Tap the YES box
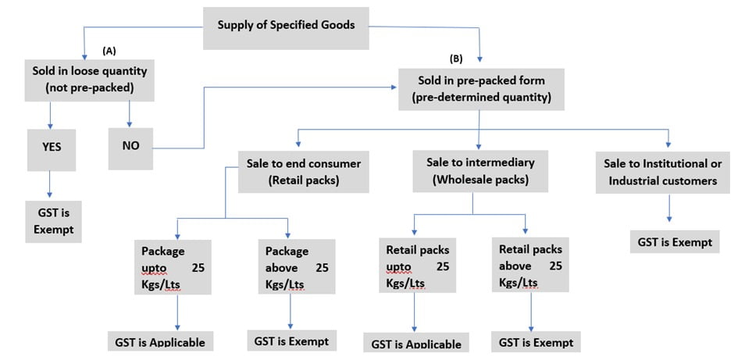click(x=52, y=145)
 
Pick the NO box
click(x=130, y=145)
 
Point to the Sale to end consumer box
click(x=294, y=171)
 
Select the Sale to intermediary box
click(x=479, y=171)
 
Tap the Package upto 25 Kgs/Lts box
click(x=173, y=267)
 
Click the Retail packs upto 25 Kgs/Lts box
click(x=418, y=267)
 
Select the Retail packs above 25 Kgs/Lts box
click(x=530, y=267)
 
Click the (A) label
click(x=109, y=50)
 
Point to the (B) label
click(x=457, y=58)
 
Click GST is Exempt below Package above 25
click(x=291, y=340)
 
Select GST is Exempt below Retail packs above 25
click(x=536, y=342)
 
